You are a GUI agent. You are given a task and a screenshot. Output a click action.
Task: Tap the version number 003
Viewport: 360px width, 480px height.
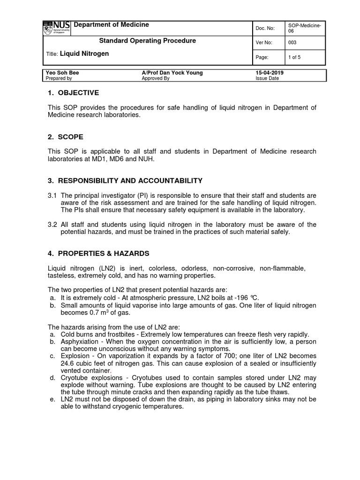tap(293, 43)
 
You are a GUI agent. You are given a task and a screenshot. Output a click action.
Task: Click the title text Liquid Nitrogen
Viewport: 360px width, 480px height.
tap(84, 54)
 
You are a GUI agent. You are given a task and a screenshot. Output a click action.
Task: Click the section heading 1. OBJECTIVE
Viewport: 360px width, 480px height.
tap(74, 93)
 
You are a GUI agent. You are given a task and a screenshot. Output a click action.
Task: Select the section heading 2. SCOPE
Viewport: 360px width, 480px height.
tap(66, 137)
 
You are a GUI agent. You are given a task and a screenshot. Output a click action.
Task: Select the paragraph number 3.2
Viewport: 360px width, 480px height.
tap(52, 224)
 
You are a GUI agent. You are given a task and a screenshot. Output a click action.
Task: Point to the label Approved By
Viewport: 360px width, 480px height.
tap(155, 79)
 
